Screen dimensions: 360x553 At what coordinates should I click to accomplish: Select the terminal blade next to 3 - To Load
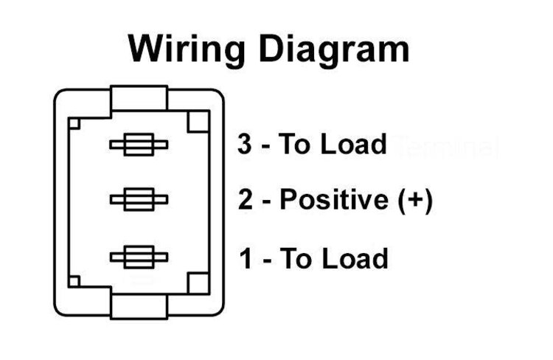pyautogui.click(x=139, y=145)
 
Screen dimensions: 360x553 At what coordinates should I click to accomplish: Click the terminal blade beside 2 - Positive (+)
pyautogui.click(x=139, y=198)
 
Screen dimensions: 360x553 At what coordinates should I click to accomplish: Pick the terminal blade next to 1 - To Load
pyautogui.click(x=139, y=257)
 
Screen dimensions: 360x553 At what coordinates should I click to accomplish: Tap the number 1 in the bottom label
pyautogui.click(x=246, y=259)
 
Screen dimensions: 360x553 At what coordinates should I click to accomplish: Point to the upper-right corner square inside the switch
pyautogui.click(x=198, y=122)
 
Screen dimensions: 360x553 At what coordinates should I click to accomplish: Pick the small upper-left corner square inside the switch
pyautogui.click(x=74, y=123)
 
